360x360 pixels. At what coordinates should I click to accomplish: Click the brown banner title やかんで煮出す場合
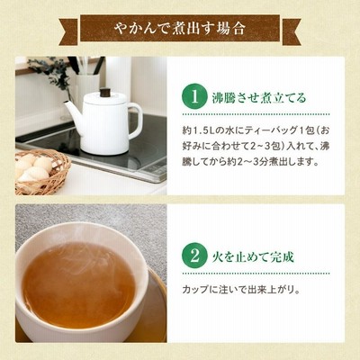[180, 29]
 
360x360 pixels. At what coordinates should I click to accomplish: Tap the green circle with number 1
[194, 96]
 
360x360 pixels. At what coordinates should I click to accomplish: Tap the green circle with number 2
[194, 256]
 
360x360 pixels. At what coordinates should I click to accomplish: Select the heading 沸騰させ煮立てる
[259, 97]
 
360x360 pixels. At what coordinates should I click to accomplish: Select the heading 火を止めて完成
[253, 256]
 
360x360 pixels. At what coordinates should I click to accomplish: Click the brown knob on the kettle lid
[105, 93]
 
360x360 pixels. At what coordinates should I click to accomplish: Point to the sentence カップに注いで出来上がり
[241, 290]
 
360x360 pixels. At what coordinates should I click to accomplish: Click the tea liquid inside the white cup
[78, 285]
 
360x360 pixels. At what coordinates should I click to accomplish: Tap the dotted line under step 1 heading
[256, 114]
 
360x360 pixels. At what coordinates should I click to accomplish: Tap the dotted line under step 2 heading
[256, 274]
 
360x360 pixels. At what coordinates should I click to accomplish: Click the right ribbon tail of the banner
[290, 32]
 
